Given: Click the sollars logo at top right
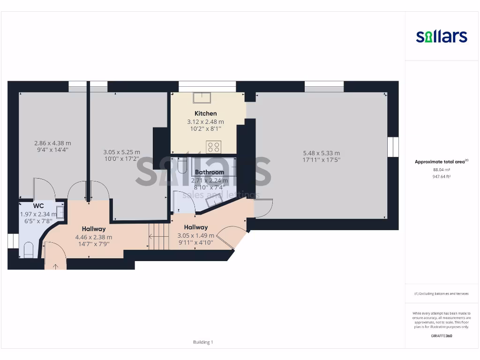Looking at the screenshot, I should coord(442,36).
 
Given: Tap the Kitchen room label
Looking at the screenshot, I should coord(206,113).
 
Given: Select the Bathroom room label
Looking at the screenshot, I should coord(210,172).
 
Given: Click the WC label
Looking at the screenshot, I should coord(38,206).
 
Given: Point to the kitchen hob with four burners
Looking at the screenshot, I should coord(214,147).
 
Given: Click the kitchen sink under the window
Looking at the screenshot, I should coord(202,97).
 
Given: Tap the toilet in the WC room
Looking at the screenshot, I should coord(28,249).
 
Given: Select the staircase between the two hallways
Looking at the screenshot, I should coord(158,236).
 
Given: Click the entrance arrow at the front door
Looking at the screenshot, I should coord(56,266).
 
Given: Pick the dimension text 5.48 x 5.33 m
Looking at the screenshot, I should coord(321,153).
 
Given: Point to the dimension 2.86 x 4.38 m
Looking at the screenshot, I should coord(52,143).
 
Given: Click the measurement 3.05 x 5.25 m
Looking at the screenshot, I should coord(121,152).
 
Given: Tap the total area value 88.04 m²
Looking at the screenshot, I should coord(441,170).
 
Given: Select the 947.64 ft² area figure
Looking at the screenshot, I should coord(441,177).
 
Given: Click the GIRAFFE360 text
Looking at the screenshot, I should coord(441,336).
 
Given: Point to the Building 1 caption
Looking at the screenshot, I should coord(203,342).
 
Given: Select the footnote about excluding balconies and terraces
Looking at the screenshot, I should coord(441,293).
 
